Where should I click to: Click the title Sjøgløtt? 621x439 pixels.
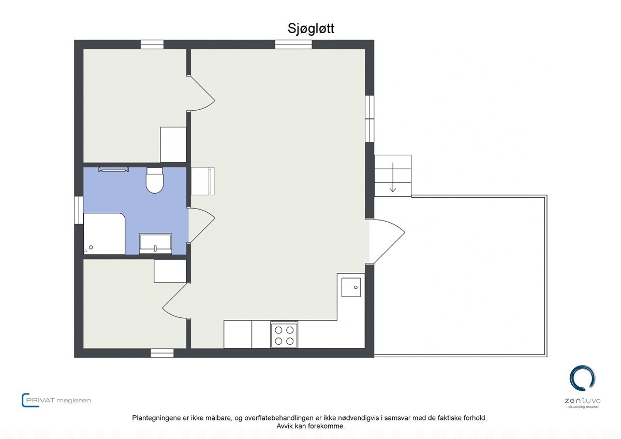(310, 28)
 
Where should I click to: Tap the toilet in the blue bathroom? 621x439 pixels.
(155, 181)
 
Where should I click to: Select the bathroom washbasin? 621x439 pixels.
(155, 243)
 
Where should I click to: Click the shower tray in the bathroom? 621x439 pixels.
(105, 234)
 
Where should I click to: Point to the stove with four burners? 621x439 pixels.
(284, 334)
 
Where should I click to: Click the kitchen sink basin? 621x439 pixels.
(351, 287)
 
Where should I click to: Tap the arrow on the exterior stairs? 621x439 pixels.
(393, 178)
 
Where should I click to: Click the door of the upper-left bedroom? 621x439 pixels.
(202, 93)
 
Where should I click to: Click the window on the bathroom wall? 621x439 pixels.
(79, 210)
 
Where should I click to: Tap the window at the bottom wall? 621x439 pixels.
(162, 353)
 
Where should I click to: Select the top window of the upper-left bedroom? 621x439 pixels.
(152, 45)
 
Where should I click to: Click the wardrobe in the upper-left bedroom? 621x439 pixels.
(173, 144)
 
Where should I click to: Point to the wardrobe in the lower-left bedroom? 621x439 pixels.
(170, 271)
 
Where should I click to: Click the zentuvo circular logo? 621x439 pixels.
(582, 378)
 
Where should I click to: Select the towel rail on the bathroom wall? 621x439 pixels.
(113, 169)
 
